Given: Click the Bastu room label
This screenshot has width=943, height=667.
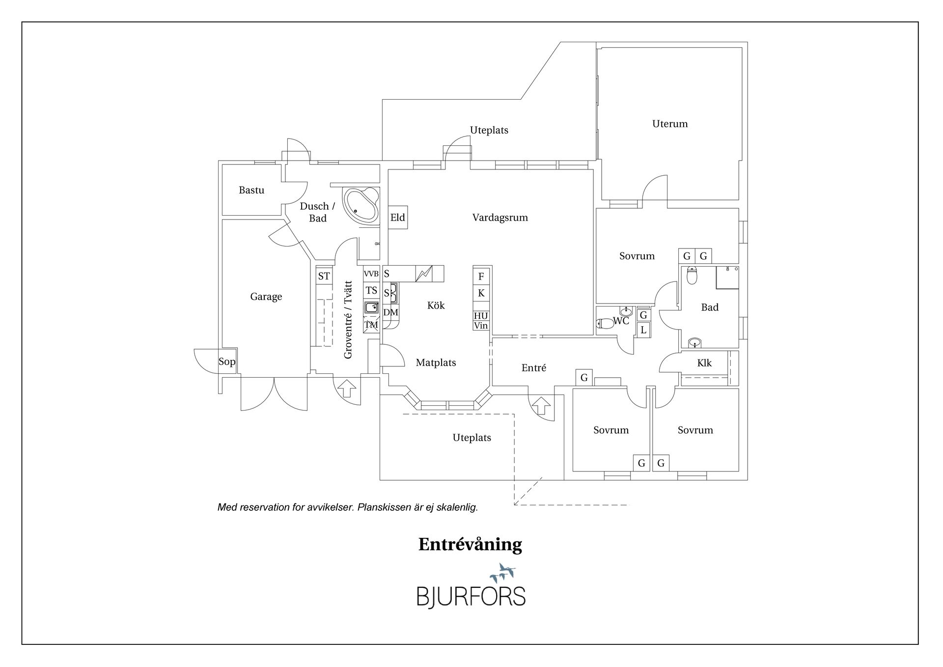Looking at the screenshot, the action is (251, 190).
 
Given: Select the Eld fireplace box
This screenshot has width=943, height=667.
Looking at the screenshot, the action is (398, 217).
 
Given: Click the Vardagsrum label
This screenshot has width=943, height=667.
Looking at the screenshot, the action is (500, 218).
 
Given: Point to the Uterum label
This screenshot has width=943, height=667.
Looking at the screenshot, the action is (670, 124).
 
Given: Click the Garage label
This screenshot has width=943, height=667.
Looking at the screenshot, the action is (266, 297).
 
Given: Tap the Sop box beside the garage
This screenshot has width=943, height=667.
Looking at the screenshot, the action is (227, 361).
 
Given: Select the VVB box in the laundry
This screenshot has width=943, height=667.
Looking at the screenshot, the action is (371, 274).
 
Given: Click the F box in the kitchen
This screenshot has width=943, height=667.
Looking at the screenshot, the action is (481, 277).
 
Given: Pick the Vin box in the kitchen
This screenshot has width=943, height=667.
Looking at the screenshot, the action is (481, 326).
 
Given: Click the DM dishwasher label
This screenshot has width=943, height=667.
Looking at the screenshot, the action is (391, 312).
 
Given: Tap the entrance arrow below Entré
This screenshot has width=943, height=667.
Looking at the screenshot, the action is (541, 406).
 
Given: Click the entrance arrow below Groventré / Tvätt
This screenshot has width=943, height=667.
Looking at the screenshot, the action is (347, 388).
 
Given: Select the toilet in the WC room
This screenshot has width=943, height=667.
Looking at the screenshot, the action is (605, 323).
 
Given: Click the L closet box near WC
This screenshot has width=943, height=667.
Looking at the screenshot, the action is (643, 330).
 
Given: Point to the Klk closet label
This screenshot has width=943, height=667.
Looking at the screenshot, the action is (704, 363).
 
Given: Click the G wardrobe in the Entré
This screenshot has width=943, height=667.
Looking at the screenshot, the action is (584, 377).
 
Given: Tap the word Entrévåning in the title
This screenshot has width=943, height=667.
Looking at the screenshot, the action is (470, 545).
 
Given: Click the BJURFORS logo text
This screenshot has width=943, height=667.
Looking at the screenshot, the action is (471, 596).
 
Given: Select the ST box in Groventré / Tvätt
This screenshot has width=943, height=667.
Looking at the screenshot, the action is (324, 276).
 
